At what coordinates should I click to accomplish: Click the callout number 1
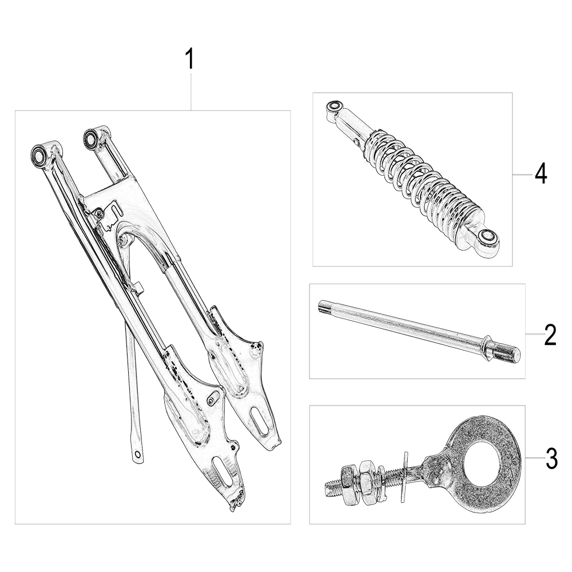pos(190,59)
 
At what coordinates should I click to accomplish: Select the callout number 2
pos(550,335)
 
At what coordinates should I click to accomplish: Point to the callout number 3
pos(551,459)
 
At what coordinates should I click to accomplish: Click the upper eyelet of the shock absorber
pos(334,107)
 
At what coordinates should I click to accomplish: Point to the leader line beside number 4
pos(523,175)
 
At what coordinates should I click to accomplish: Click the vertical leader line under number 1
pos(190,92)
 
